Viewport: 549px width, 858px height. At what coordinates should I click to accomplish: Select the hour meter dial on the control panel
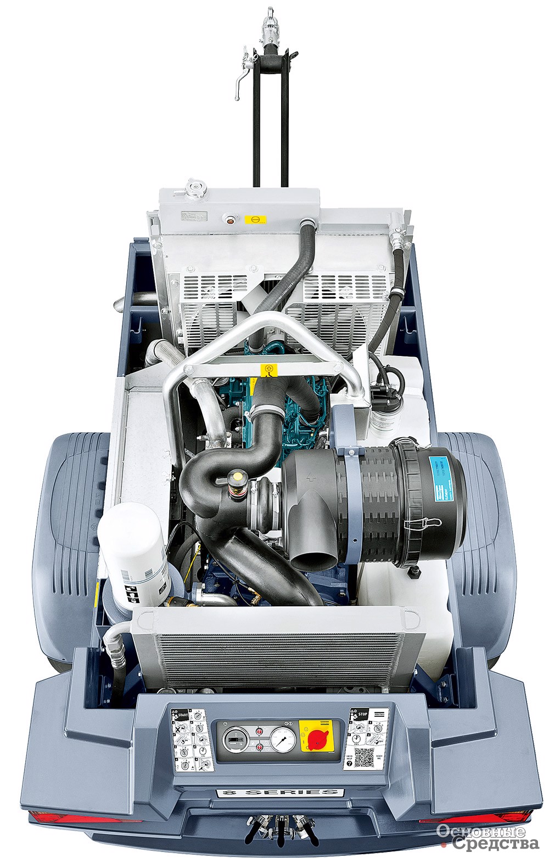pos(234,739)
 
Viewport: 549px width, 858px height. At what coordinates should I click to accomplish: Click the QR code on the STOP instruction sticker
pos(363,757)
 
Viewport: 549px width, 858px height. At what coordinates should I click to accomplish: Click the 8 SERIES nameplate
pos(280,792)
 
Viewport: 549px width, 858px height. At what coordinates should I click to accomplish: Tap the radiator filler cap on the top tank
pos(194,191)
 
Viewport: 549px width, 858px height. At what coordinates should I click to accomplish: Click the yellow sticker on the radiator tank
pos(255,219)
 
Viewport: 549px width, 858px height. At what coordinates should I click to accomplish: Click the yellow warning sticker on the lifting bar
pos(268,370)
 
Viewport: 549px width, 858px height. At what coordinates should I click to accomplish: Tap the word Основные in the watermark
pos(481,831)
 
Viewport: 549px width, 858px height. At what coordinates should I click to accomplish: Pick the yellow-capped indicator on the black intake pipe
pos(238,476)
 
